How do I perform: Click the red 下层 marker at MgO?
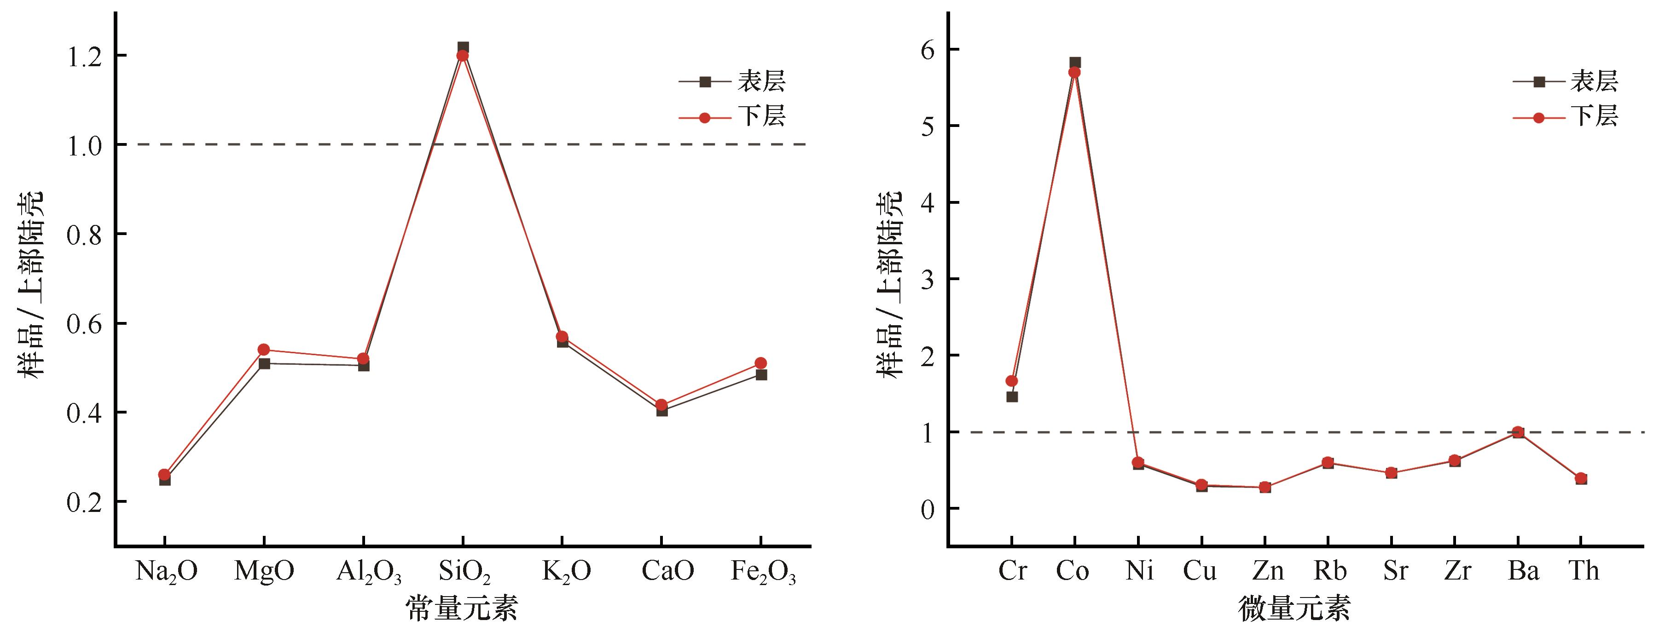[x=263, y=350]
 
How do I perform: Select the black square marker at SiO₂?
[x=463, y=47]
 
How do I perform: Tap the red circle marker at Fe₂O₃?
[x=760, y=363]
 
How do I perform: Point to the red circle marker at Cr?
[x=1012, y=381]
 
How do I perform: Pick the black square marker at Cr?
[x=1012, y=396]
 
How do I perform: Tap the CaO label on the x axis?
[x=668, y=571]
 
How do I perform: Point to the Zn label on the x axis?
[x=1267, y=571]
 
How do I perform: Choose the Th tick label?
[x=1583, y=571]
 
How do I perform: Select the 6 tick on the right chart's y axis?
[x=928, y=50]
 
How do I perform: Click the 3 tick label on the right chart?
[x=928, y=279]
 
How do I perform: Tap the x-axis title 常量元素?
[x=461, y=608]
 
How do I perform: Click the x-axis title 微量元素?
[x=1294, y=608]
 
